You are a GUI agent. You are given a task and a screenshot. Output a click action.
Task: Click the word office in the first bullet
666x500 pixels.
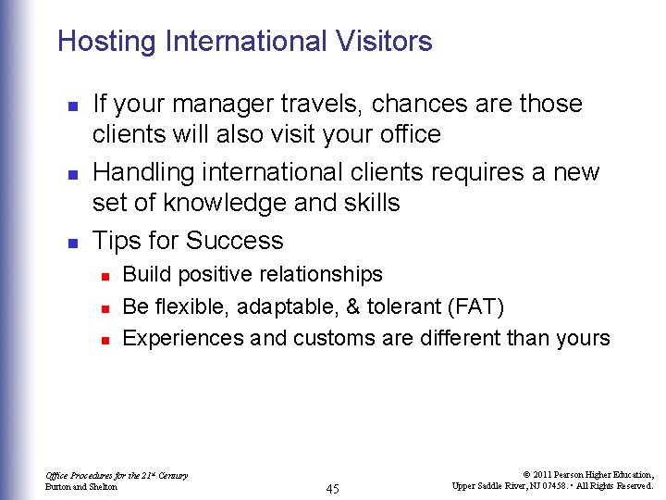[409, 134]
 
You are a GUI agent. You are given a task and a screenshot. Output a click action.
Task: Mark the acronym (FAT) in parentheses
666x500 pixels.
[474, 306]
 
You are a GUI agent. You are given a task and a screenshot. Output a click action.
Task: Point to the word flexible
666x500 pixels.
[191, 306]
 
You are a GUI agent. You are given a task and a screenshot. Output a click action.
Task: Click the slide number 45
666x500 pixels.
[332, 488]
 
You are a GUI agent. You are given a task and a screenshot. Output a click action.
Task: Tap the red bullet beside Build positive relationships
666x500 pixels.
[106, 276]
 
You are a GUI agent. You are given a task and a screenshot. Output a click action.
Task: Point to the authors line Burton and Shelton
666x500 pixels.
[81, 486]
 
